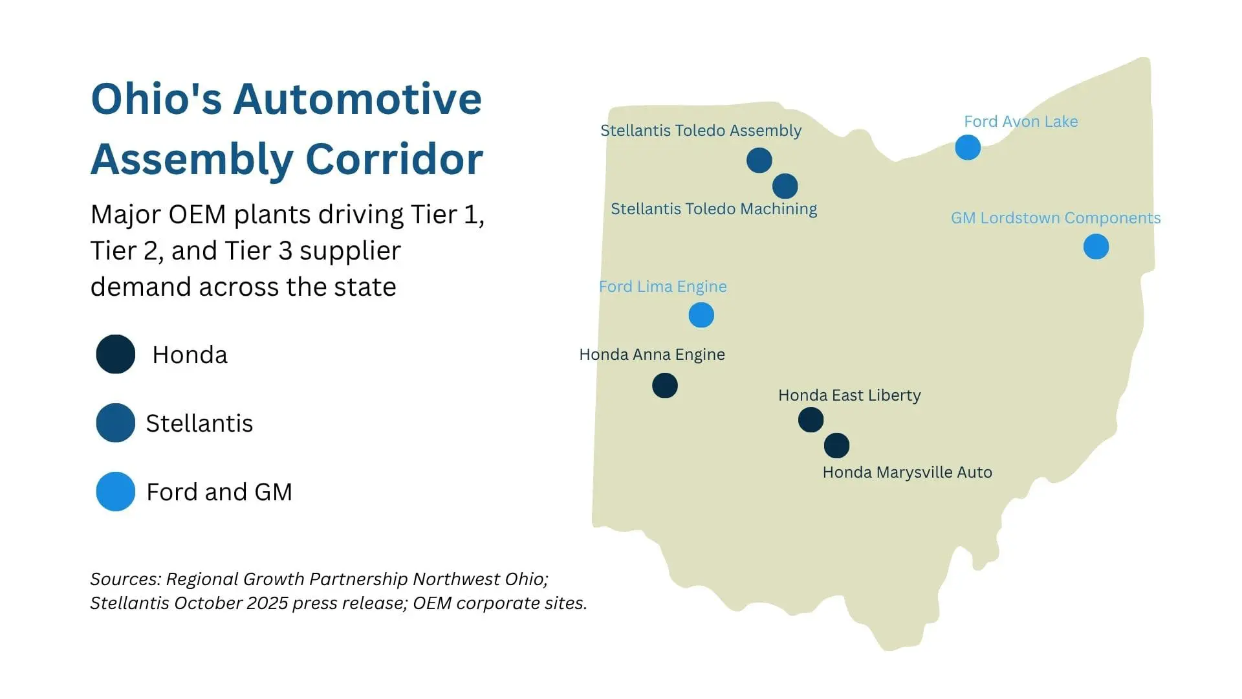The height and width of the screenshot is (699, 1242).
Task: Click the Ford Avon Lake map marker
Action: (x=968, y=148)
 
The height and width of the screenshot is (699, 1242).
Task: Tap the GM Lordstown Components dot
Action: (x=1096, y=247)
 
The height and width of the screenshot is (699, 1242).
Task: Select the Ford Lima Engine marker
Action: (x=701, y=315)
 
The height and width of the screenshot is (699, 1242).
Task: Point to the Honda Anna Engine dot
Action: (x=665, y=386)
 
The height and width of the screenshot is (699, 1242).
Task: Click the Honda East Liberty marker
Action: (x=811, y=420)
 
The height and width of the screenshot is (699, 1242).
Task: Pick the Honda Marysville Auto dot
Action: (x=836, y=446)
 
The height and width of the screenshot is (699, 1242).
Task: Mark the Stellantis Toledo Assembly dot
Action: (x=759, y=160)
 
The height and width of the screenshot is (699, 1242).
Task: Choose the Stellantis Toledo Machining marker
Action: (x=785, y=186)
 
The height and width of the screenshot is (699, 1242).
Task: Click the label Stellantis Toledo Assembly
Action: (x=701, y=131)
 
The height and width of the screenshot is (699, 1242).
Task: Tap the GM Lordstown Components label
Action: (x=1056, y=218)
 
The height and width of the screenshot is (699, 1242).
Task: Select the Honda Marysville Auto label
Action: (x=907, y=472)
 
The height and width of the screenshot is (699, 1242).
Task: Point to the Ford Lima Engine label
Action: (x=663, y=287)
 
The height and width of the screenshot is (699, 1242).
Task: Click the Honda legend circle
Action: (x=116, y=354)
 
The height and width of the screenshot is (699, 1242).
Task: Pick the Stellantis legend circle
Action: (x=116, y=423)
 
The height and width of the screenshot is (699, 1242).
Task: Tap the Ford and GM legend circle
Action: (x=116, y=491)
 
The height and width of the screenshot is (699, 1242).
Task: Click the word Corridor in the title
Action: (x=394, y=159)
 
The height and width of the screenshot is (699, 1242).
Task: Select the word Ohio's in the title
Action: (x=157, y=99)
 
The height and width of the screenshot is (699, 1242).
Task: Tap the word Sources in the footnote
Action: (x=125, y=579)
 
